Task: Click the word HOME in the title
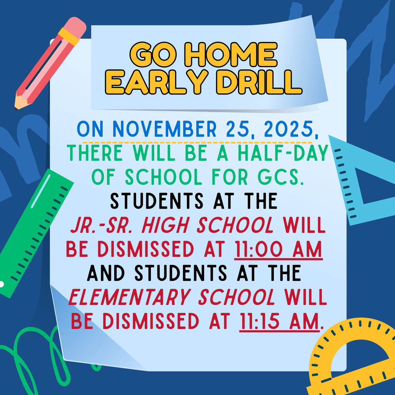[232, 55]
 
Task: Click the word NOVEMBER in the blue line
[164, 129]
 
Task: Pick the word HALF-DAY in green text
[283, 153]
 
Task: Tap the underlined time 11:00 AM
[279, 250]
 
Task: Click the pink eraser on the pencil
[75, 27]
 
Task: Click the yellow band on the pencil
[69, 37]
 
